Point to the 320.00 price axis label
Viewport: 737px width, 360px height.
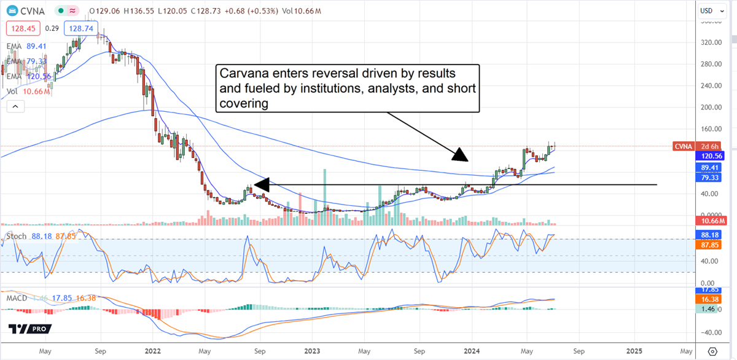click(711, 42)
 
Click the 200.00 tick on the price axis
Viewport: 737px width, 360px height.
click(711, 108)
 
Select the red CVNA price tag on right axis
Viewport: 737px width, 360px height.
click(683, 146)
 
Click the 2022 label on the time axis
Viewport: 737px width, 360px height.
click(152, 351)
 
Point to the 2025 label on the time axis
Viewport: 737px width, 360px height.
click(634, 351)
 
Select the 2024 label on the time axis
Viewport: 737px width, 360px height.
click(472, 351)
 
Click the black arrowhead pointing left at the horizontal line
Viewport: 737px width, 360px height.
click(261, 184)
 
